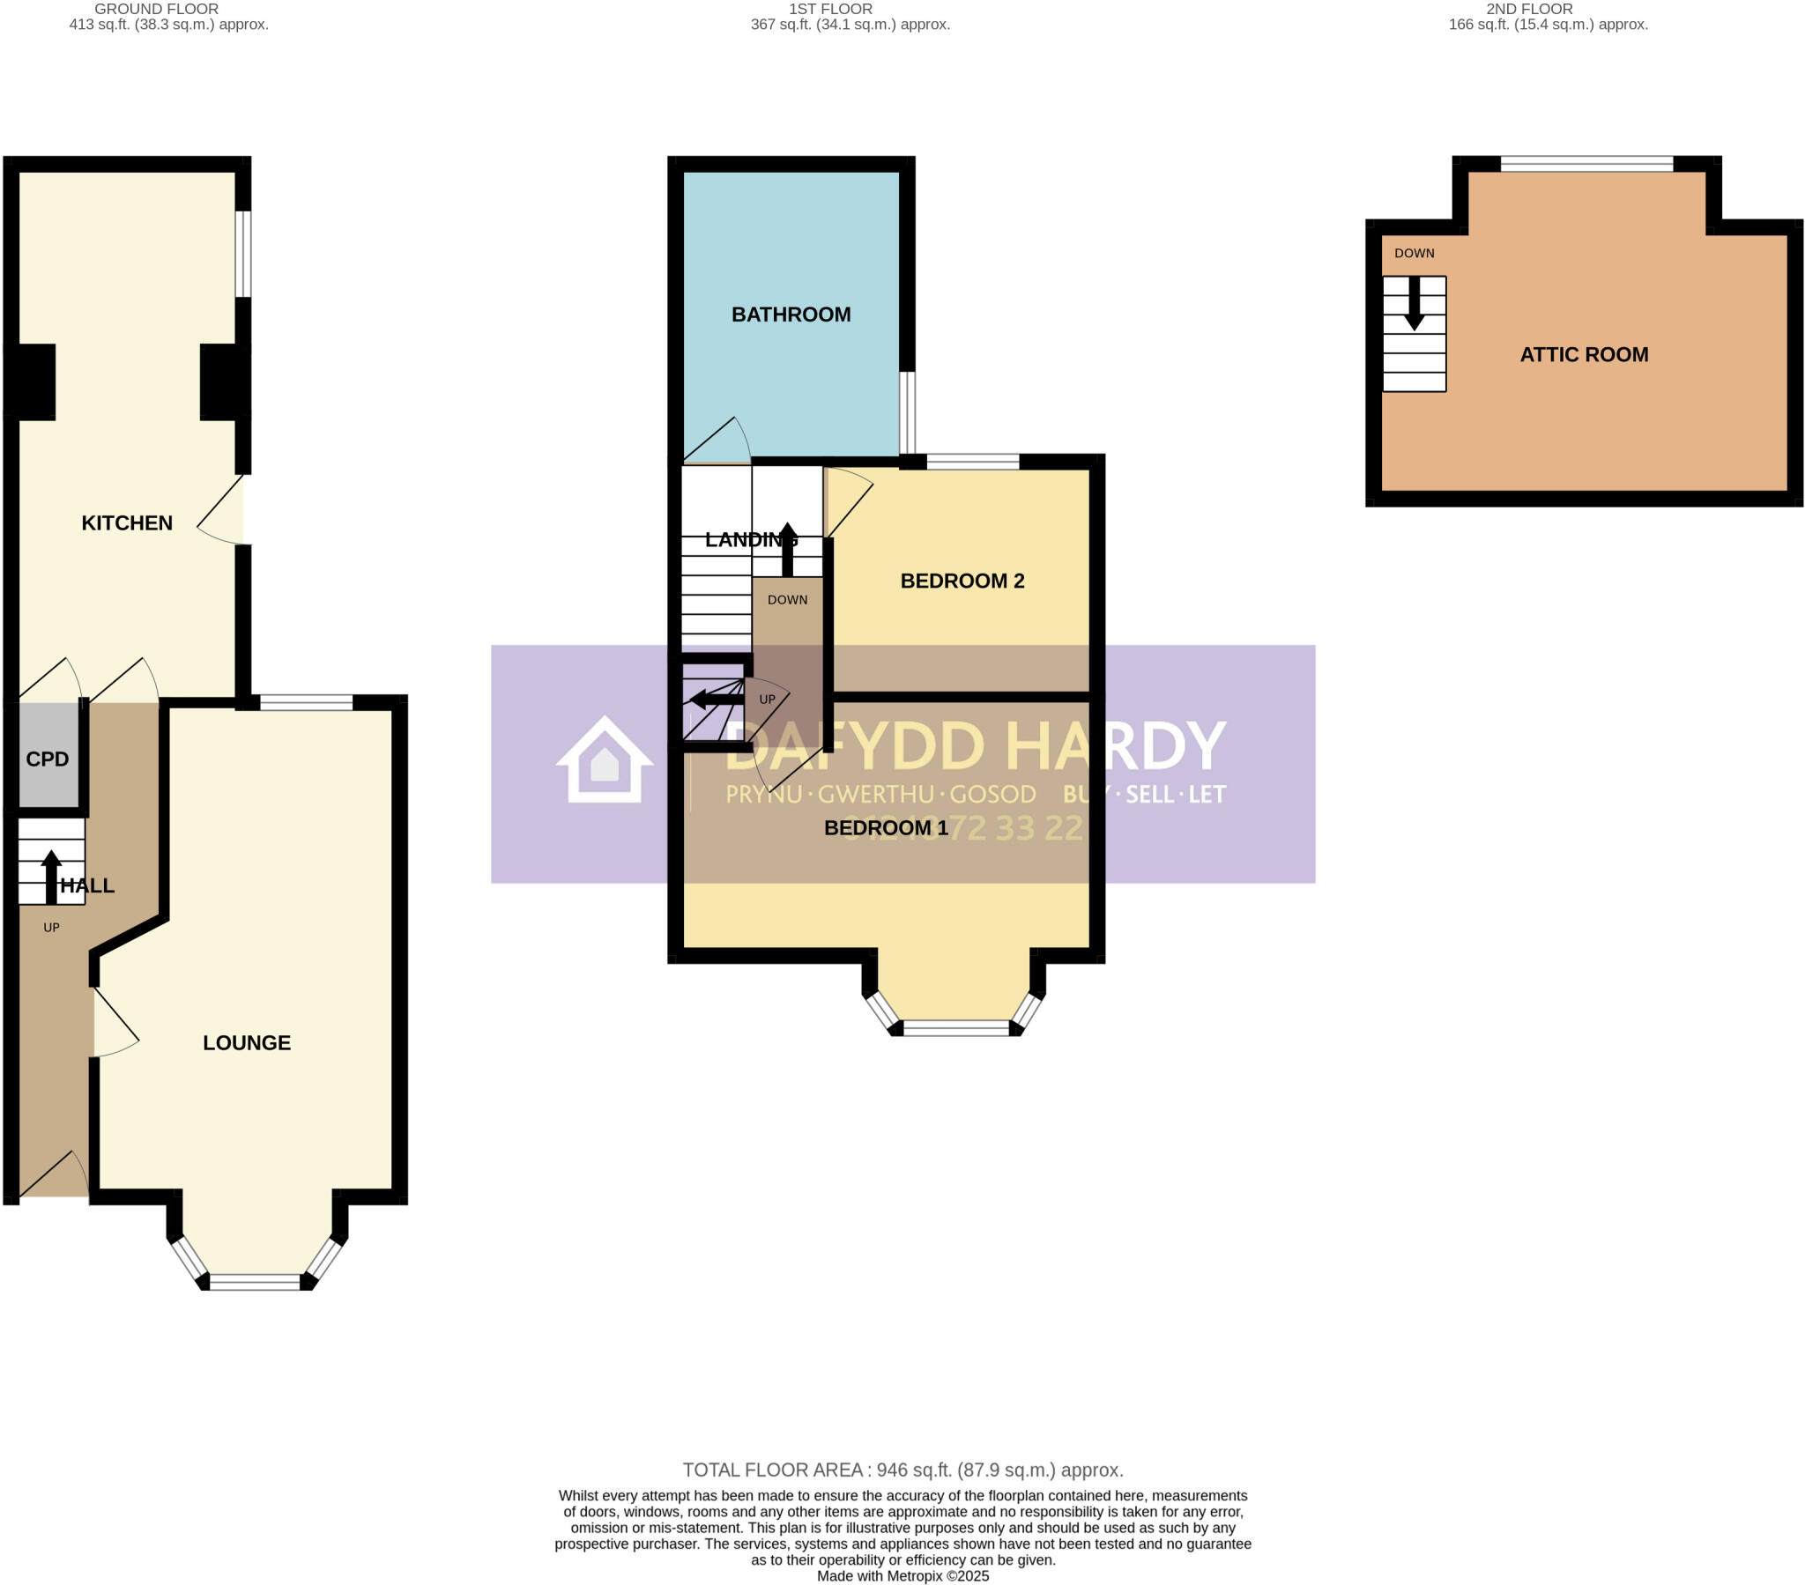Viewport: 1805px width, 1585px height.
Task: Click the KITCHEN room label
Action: click(x=126, y=522)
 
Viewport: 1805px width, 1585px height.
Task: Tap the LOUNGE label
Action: click(x=247, y=1043)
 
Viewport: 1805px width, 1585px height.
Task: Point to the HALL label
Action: click(x=87, y=885)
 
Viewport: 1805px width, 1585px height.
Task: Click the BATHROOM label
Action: click(x=791, y=315)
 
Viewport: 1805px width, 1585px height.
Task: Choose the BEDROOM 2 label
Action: click(x=962, y=581)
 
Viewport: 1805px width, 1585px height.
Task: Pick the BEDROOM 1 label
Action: click(x=885, y=827)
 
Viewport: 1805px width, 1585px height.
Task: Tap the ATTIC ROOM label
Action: click(x=1584, y=355)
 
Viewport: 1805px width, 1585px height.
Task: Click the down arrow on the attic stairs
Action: click(x=1414, y=305)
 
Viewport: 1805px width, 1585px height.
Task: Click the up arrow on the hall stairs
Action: click(x=51, y=876)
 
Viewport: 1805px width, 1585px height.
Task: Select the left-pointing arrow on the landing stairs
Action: click(x=716, y=700)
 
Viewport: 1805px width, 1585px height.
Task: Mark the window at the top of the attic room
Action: click(x=1586, y=163)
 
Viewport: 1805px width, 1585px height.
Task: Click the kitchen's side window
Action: click(x=243, y=255)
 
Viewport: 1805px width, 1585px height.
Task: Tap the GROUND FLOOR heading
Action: click(x=156, y=9)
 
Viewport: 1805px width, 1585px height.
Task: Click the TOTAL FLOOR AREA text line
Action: click(x=902, y=1470)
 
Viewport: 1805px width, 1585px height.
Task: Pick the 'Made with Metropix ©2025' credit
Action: click(x=902, y=1576)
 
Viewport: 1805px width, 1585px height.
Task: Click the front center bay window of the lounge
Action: click(x=256, y=1282)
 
